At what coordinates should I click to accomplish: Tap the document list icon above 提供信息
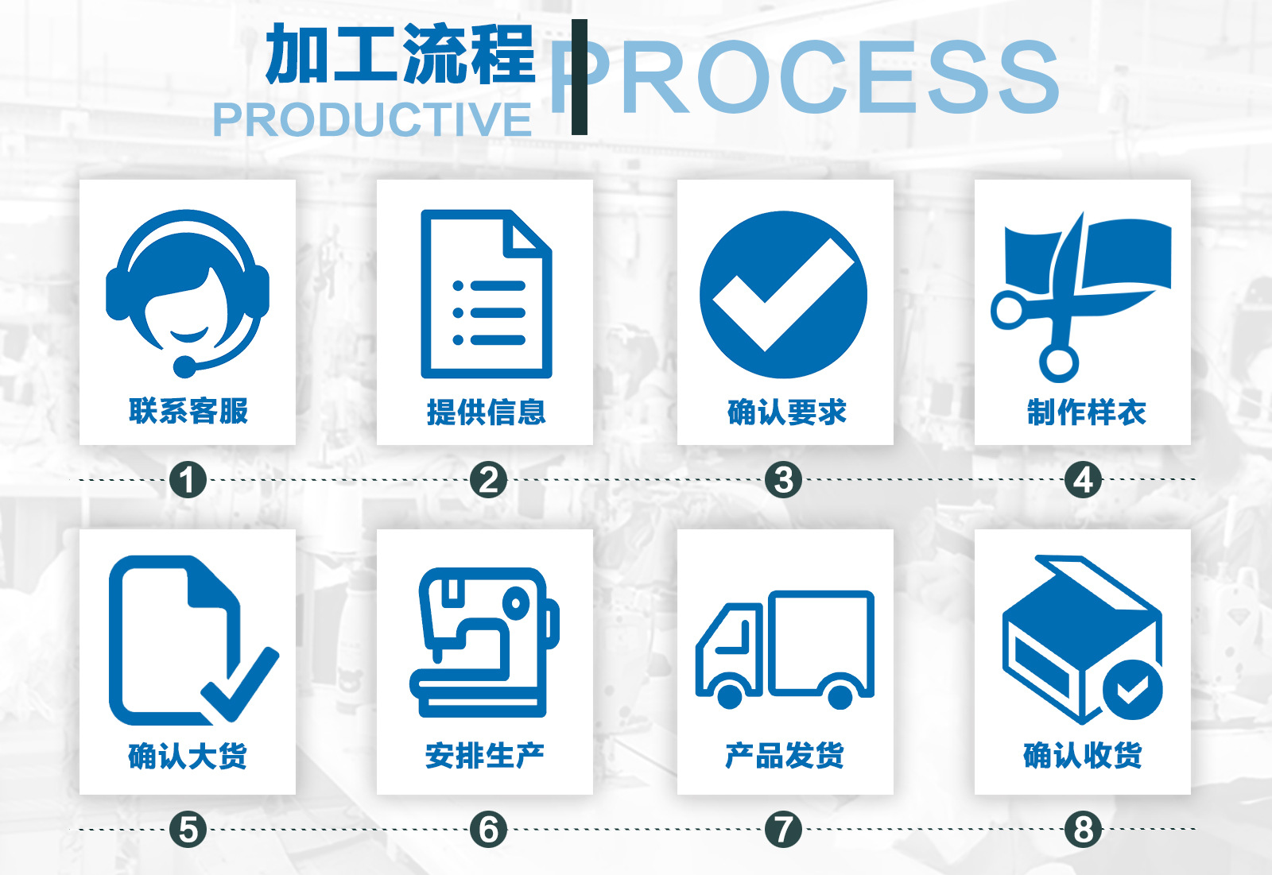point(486,294)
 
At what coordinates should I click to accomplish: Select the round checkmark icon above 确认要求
point(783,294)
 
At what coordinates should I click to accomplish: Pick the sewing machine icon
point(485,641)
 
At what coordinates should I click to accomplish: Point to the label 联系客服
point(188,412)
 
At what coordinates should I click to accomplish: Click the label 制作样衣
point(1086,412)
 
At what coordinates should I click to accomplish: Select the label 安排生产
point(485,755)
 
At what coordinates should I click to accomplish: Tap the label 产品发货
point(785,755)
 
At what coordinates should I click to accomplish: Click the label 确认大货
point(188,755)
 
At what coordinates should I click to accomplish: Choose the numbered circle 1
point(188,480)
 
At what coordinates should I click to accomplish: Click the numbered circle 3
point(783,480)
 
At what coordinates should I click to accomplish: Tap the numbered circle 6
point(488,830)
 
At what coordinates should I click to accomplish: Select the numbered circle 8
point(1083,830)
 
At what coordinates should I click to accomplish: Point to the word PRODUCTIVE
point(372,120)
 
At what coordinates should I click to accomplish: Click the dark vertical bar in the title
point(580,77)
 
